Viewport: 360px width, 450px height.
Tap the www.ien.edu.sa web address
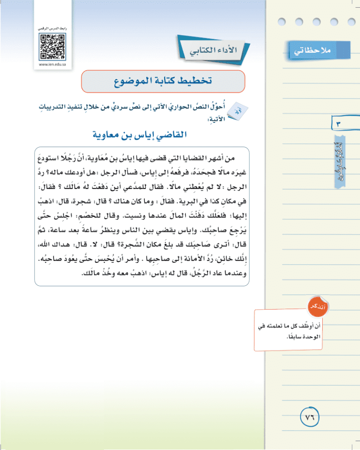tap(51, 64)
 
